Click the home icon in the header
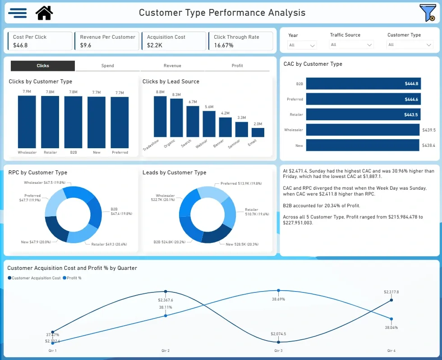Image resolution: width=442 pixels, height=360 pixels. pyautogui.click(x=44, y=13)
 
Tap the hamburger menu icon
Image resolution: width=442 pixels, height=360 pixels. pyautogui.click(x=17, y=13)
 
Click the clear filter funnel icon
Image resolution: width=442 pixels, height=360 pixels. pyautogui.click(x=427, y=13)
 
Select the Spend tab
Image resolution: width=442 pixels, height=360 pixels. pyautogui.click(x=107, y=66)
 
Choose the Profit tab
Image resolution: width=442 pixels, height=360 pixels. pyautogui.click(x=237, y=66)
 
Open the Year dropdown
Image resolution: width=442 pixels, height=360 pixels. pyautogui.click(x=302, y=45)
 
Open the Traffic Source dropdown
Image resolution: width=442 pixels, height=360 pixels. pyautogui.click(x=351, y=45)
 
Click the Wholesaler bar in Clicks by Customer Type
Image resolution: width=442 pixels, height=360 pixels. pyautogui.click(x=27, y=122)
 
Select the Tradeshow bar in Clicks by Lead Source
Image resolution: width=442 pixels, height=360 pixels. pyautogui.click(x=160, y=116)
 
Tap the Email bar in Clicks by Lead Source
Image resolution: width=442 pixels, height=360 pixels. pyautogui.click(x=258, y=132)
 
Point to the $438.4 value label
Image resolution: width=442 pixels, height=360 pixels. pyautogui.click(x=428, y=146)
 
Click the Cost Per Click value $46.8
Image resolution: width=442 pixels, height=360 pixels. pyautogui.click(x=20, y=46)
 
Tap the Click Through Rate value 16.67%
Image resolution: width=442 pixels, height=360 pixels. pyautogui.click(x=224, y=46)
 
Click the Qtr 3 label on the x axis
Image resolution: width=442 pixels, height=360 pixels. pyautogui.click(x=278, y=350)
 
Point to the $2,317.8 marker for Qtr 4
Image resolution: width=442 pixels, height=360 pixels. pyautogui.click(x=391, y=300)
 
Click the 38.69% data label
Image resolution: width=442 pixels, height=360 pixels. pyautogui.click(x=278, y=299)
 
